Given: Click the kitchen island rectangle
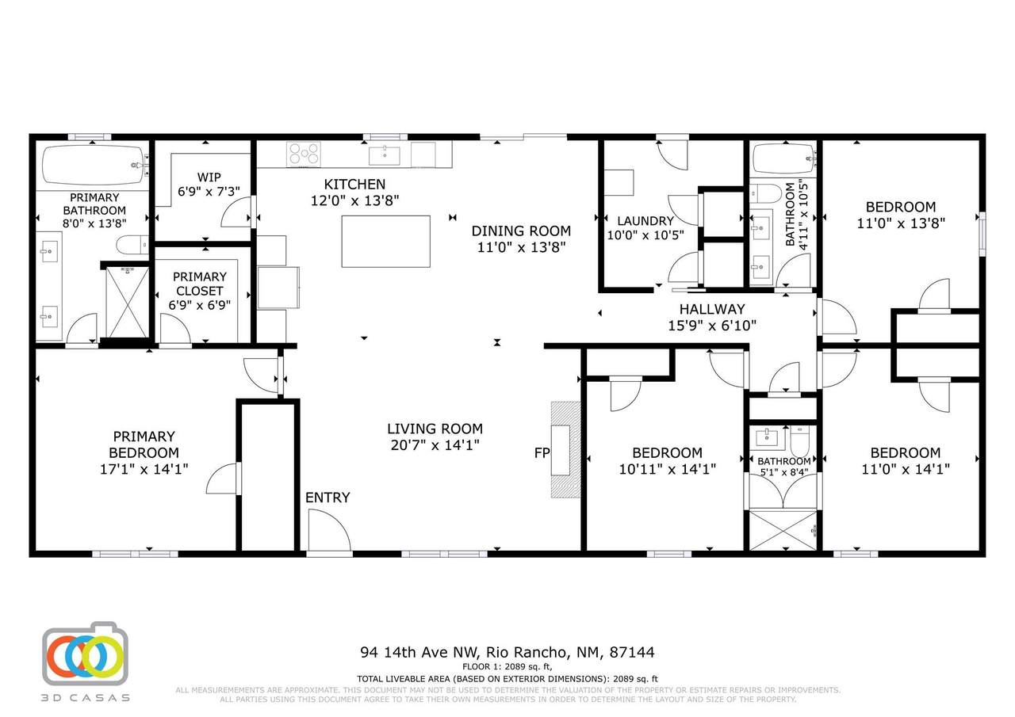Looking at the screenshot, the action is pyautogui.click(x=386, y=242).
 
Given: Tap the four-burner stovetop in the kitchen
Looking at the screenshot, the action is pyautogui.click(x=304, y=154).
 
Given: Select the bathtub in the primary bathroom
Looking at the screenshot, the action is pyautogui.click(x=94, y=165).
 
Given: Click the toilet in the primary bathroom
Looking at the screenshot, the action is pyautogui.click(x=132, y=246).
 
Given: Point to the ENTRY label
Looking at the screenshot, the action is pyautogui.click(x=327, y=498).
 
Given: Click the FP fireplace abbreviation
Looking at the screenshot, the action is pyautogui.click(x=542, y=452).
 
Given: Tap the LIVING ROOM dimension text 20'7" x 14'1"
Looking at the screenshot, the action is pyautogui.click(x=435, y=445).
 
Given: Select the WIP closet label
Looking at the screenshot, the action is pyautogui.click(x=209, y=177).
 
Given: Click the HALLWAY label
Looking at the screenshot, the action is pyautogui.click(x=712, y=309).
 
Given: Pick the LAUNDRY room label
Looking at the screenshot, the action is pyautogui.click(x=645, y=221).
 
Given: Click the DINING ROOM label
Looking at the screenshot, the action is pyautogui.click(x=521, y=231).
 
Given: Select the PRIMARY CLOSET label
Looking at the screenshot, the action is pyautogui.click(x=199, y=284).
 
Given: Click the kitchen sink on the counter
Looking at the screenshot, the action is pyautogui.click(x=385, y=156).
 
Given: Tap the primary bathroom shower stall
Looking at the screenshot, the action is pyautogui.click(x=127, y=303).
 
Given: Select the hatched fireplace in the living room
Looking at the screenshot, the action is pyautogui.click(x=565, y=450).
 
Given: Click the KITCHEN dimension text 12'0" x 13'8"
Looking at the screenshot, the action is pyautogui.click(x=354, y=200).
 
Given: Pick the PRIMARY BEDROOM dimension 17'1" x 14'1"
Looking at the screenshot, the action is pyautogui.click(x=144, y=469).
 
